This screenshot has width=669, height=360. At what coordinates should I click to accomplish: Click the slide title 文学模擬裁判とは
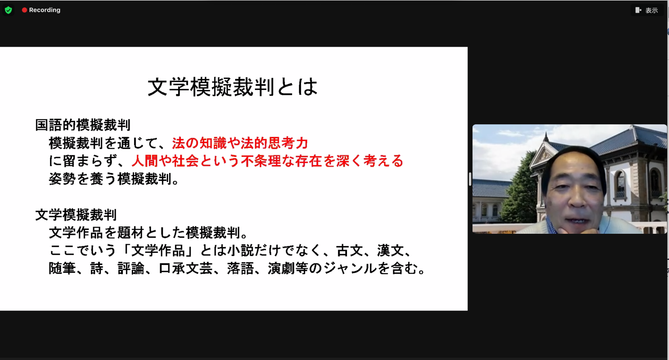tap(232, 87)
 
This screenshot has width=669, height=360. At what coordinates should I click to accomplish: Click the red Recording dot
tap(25, 10)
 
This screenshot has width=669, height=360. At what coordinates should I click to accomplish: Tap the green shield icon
tap(8, 10)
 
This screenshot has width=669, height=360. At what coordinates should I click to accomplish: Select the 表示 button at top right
tap(647, 10)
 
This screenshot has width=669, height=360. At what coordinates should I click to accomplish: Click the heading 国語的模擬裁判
tap(83, 125)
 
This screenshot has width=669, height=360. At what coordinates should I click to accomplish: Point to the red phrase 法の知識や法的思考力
tap(240, 143)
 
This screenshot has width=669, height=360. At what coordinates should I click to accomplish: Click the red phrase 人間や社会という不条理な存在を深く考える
tap(267, 161)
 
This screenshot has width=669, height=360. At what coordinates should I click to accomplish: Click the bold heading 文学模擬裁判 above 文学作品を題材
tap(76, 215)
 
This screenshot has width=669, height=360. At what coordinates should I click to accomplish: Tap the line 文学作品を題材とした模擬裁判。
tap(149, 233)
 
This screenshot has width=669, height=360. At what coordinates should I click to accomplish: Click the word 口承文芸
tap(186, 268)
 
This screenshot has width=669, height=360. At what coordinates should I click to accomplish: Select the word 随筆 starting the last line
tap(62, 268)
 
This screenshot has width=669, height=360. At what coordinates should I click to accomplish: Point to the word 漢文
tap(390, 251)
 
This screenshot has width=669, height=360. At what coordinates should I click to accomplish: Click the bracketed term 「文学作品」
tap(158, 251)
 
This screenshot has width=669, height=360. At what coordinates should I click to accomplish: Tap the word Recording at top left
tap(45, 10)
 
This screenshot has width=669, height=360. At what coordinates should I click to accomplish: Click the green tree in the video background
tap(520, 191)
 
